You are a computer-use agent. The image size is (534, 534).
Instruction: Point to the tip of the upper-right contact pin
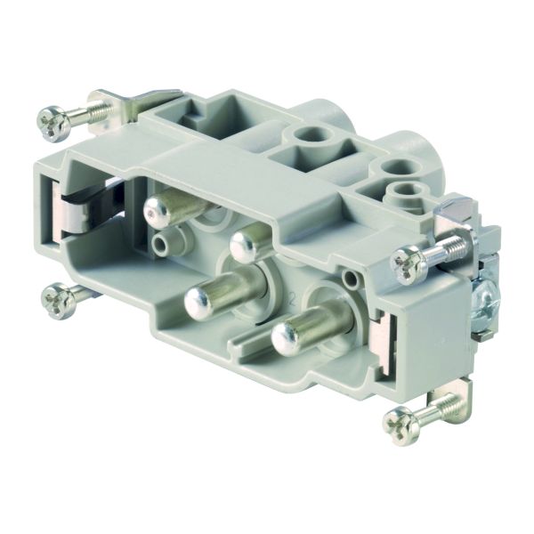point(242,242)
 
